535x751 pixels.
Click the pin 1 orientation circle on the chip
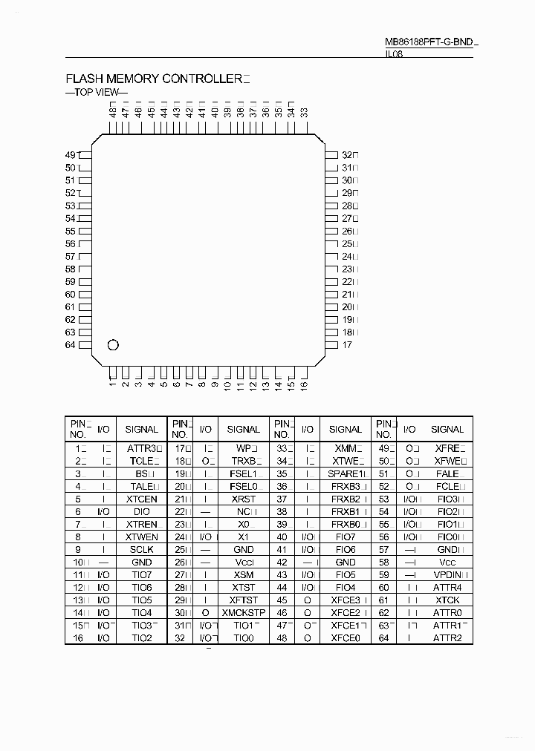point(113,344)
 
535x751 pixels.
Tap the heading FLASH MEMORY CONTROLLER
point(154,79)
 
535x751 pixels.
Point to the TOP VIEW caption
point(97,93)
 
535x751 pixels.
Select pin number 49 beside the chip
point(71,155)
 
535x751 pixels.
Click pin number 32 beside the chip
point(347,155)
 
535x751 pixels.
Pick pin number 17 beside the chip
point(347,345)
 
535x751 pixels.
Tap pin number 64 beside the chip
point(71,345)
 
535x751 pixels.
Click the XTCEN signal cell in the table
point(141,499)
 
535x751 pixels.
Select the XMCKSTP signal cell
point(243,612)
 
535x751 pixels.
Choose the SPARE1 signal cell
point(346,473)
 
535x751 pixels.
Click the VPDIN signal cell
point(448,574)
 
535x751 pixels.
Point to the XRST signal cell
point(243,499)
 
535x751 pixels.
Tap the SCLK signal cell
point(141,549)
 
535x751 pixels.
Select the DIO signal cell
point(141,511)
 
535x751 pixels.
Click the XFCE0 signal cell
point(346,637)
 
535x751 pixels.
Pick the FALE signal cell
point(447,473)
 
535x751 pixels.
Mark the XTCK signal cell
point(447,600)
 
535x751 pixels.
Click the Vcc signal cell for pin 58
point(447,562)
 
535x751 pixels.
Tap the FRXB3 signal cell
point(346,486)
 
